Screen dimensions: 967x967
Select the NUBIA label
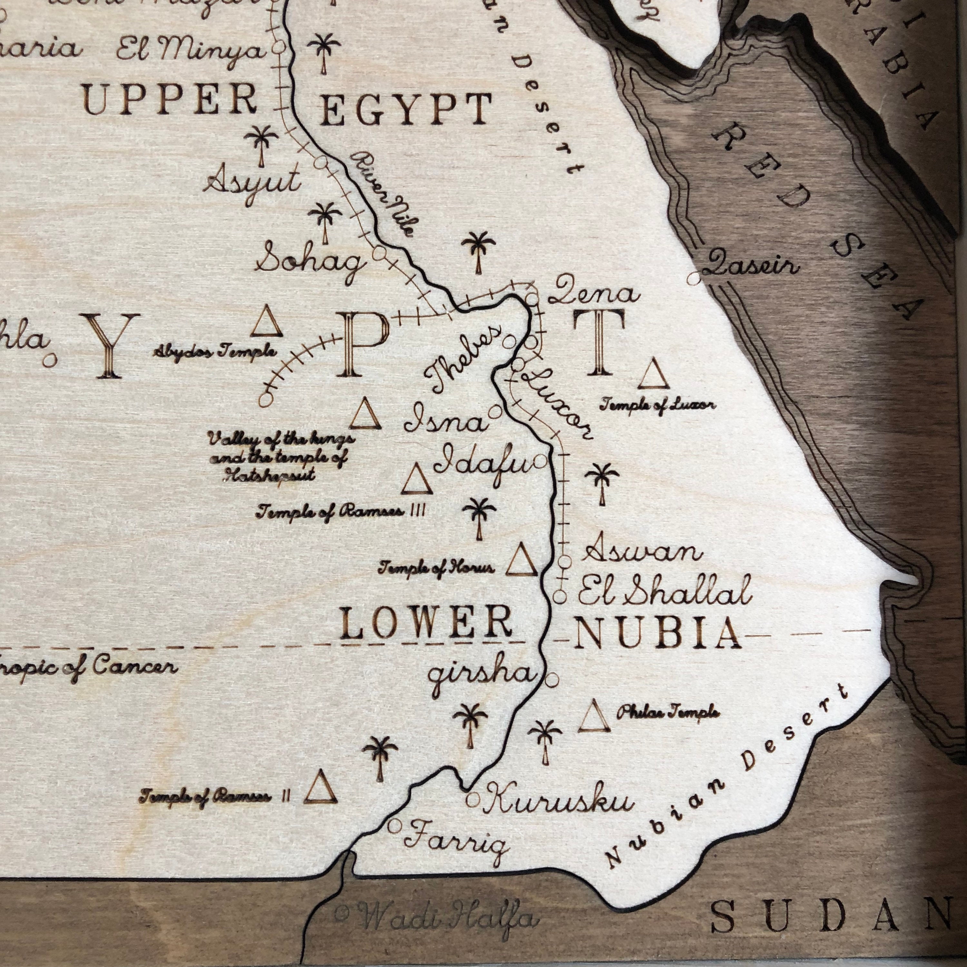pyautogui.click(x=656, y=632)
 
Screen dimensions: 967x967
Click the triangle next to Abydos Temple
pyautogui.click(x=266, y=323)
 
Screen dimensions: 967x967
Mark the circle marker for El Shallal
pyautogui.click(x=560, y=597)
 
